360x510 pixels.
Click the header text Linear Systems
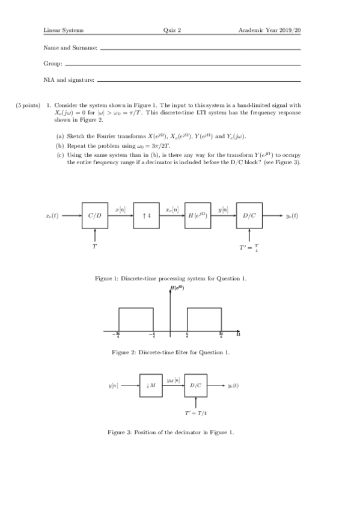point(63,29)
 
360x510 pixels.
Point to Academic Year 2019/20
point(269,29)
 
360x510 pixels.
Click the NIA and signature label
point(69,79)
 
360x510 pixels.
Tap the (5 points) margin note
point(28,105)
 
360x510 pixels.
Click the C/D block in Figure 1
point(95,216)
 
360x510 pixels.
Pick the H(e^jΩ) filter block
point(198,216)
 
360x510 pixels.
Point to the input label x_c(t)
point(52,216)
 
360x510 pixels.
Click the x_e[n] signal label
point(172,209)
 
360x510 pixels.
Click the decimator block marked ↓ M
point(151,386)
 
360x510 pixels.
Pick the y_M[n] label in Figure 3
point(174,380)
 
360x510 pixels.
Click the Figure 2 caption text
point(171,352)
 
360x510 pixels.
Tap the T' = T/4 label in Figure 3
point(196,413)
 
